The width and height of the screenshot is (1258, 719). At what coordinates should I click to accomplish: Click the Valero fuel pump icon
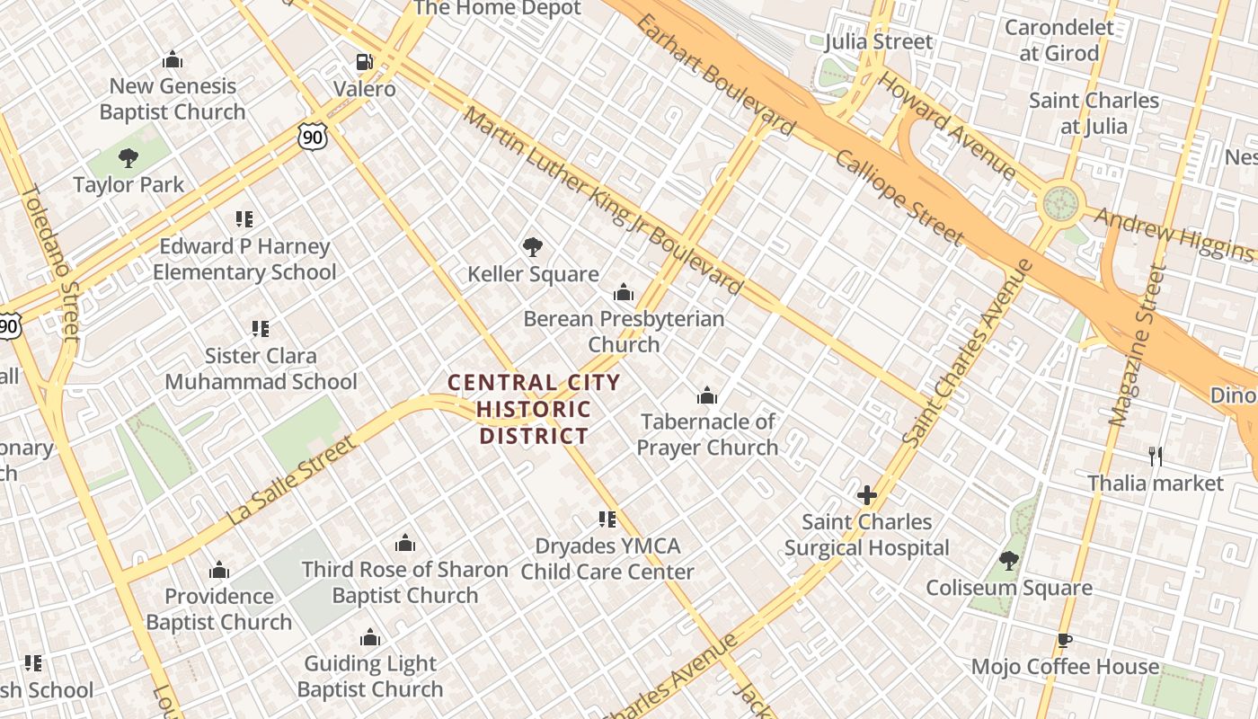[364, 63]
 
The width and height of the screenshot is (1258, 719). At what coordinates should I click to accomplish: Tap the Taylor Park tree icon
[128, 158]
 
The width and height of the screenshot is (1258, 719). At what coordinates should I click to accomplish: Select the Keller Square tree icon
[533, 247]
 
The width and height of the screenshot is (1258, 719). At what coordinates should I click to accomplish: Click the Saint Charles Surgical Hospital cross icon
[867, 495]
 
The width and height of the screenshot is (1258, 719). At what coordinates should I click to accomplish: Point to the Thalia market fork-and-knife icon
[1156, 457]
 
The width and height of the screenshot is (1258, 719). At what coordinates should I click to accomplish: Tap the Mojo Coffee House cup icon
[1065, 640]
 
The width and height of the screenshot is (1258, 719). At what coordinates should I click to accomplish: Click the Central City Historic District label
[534, 410]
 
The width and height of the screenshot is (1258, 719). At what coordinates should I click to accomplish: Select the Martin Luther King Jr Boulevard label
[603, 201]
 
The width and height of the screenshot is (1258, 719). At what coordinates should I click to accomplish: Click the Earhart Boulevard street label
[715, 74]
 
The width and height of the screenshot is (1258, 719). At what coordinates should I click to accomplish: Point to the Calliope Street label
[899, 198]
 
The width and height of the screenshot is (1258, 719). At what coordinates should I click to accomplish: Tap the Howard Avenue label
[947, 125]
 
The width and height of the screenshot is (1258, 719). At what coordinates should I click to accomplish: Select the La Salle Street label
[292, 480]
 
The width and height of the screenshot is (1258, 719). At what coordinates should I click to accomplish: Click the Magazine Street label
[1137, 346]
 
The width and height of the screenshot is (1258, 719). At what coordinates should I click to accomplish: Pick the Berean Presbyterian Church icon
[624, 292]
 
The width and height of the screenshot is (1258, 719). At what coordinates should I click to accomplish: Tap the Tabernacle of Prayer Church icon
[707, 395]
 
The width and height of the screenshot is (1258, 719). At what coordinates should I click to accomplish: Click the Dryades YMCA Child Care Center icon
[607, 519]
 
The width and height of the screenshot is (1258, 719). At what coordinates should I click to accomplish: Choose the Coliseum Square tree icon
[1009, 561]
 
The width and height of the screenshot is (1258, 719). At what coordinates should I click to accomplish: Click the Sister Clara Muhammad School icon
[261, 329]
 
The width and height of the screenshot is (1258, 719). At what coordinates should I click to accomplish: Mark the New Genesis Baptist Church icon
[173, 60]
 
